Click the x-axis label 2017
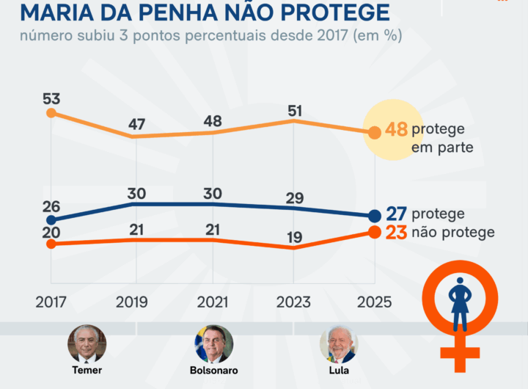pyautogui.click(x=51, y=302)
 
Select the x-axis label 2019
pyautogui.click(x=132, y=302)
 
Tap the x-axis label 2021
pyautogui.click(x=213, y=302)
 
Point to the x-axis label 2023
pyautogui.click(x=293, y=302)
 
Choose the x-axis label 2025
pyautogui.click(x=374, y=302)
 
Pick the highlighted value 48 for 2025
pyautogui.click(x=396, y=131)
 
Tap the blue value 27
pyautogui.click(x=396, y=214)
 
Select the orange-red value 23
pyautogui.click(x=396, y=233)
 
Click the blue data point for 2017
pyautogui.click(x=51, y=219)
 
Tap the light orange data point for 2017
pyautogui.click(x=51, y=113)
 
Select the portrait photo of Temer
pyautogui.click(x=87, y=343)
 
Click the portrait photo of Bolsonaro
pyautogui.click(x=213, y=343)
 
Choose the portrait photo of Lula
pyautogui.click(x=339, y=343)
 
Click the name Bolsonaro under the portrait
pyautogui.click(x=213, y=369)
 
